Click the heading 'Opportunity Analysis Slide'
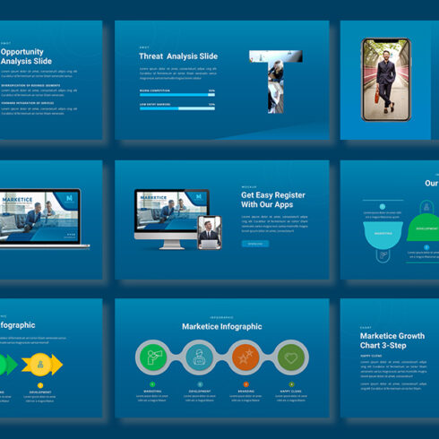[26, 56]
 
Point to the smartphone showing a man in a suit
[384, 87]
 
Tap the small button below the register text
[254, 243]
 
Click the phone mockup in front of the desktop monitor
[209, 232]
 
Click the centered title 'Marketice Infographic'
[221, 326]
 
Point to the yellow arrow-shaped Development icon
[40, 364]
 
